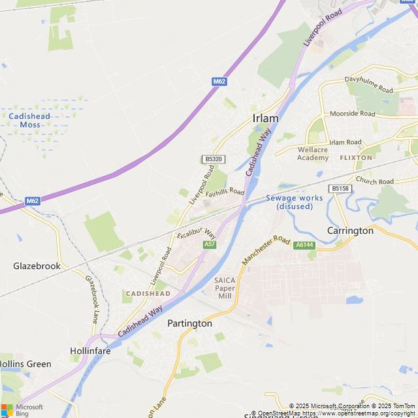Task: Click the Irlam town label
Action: pos(265,118)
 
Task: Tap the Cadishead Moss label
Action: pos(29,120)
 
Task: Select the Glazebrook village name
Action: pos(37,266)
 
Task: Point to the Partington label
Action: pos(189,323)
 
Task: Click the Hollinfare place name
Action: pos(90,351)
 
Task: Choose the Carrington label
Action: pos(350,231)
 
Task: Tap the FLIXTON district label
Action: pos(356,157)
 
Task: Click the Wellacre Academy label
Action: pos(313,153)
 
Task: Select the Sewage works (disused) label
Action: pos(295,202)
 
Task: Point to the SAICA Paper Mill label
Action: pos(224,288)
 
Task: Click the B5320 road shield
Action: pos(212,159)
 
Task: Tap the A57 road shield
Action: pos(210,244)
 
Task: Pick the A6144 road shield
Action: pos(304,245)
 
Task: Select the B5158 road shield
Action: pos(340,188)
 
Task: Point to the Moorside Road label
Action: pos(353,114)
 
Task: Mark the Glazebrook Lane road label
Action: pos(91,298)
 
